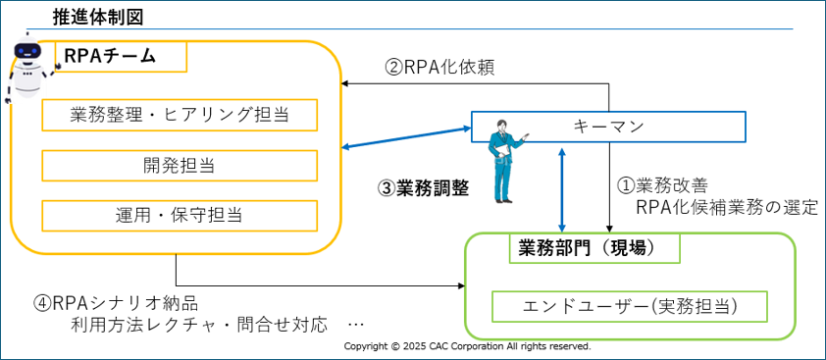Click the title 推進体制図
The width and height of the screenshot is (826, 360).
click(x=98, y=17)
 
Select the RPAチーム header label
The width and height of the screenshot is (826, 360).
click(x=110, y=55)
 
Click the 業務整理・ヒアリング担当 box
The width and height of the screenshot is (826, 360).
click(x=180, y=115)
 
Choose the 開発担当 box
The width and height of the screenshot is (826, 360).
click(x=180, y=166)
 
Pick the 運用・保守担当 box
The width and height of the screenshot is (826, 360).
click(x=180, y=216)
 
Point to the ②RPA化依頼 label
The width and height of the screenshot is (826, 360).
click(x=439, y=68)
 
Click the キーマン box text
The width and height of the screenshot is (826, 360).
click(x=608, y=127)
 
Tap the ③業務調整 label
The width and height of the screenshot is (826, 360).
click(x=423, y=188)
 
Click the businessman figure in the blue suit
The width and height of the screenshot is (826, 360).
click(x=505, y=161)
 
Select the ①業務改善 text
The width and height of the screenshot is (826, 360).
click(x=663, y=185)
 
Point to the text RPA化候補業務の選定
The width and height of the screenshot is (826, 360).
click(x=727, y=208)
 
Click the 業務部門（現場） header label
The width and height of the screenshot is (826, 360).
click(x=594, y=249)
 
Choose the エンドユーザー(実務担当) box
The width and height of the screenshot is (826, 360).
click(x=630, y=306)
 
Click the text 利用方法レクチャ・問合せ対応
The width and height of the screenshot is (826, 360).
click(x=200, y=323)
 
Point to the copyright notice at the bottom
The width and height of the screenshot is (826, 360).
click(x=467, y=346)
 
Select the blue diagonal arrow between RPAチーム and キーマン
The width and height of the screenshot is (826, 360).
click(x=406, y=137)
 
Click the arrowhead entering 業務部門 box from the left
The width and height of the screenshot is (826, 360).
click(x=462, y=286)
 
